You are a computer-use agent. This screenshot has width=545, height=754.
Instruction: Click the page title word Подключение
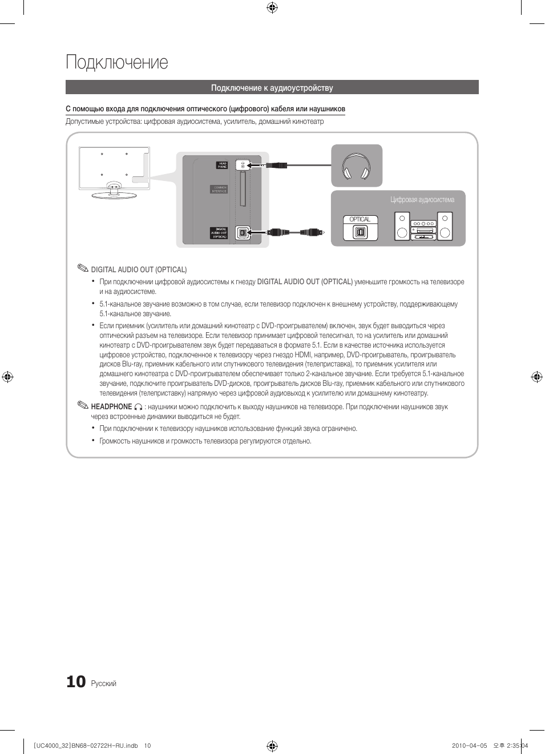[x=117, y=62]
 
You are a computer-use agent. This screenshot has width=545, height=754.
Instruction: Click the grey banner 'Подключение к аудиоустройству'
[x=272, y=88]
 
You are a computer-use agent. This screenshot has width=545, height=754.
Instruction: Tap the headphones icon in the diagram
[x=356, y=166]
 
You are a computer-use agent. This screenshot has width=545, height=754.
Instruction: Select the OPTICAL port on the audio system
[x=360, y=232]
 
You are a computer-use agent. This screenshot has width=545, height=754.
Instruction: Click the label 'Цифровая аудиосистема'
[x=422, y=200]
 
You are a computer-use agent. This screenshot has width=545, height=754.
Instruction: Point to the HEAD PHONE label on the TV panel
[x=222, y=166]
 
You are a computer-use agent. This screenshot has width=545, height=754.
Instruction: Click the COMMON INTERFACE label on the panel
[x=219, y=189]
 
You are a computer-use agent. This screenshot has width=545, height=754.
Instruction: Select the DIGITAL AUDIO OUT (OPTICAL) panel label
[x=219, y=233]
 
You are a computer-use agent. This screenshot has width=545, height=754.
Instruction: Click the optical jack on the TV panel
[x=243, y=232]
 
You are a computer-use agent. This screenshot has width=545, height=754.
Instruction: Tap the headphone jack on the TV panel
[x=243, y=165]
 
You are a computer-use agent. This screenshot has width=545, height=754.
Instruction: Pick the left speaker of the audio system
[x=402, y=226]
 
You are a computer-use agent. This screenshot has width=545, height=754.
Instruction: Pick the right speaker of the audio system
[x=445, y=226]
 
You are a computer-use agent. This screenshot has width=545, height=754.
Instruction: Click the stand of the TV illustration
[x=114, y=192]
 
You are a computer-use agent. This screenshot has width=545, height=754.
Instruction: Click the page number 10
[x=76, y=682]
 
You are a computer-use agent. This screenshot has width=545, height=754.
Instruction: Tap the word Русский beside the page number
[x=103, y=684]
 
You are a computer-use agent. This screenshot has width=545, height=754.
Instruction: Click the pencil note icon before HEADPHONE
[x=83, y=405]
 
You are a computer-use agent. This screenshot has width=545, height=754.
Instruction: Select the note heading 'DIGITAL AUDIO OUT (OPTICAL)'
[x=139, y=270]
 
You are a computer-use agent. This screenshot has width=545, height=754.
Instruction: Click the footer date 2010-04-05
[x=469, y=745]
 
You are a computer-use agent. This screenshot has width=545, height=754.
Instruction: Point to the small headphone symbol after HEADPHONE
[x=138, y=407]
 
